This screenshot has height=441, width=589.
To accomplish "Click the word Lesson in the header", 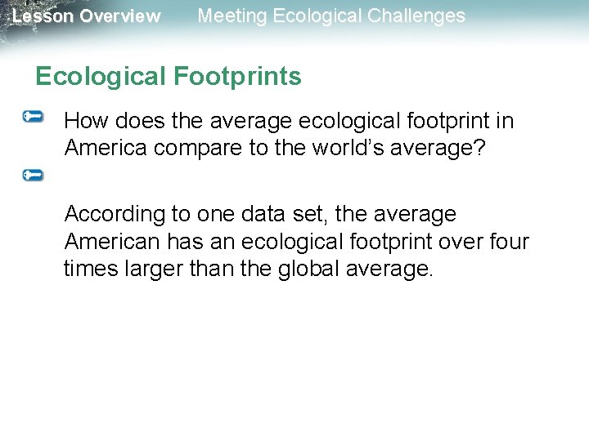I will point(42,16).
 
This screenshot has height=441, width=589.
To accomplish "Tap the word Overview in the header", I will point(120,16).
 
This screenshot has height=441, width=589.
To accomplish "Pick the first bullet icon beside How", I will point(34,118).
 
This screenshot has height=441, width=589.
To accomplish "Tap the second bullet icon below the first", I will point(34,175).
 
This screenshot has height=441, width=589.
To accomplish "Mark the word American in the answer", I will point(111,242).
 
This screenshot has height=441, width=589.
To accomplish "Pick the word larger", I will point(155,269).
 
